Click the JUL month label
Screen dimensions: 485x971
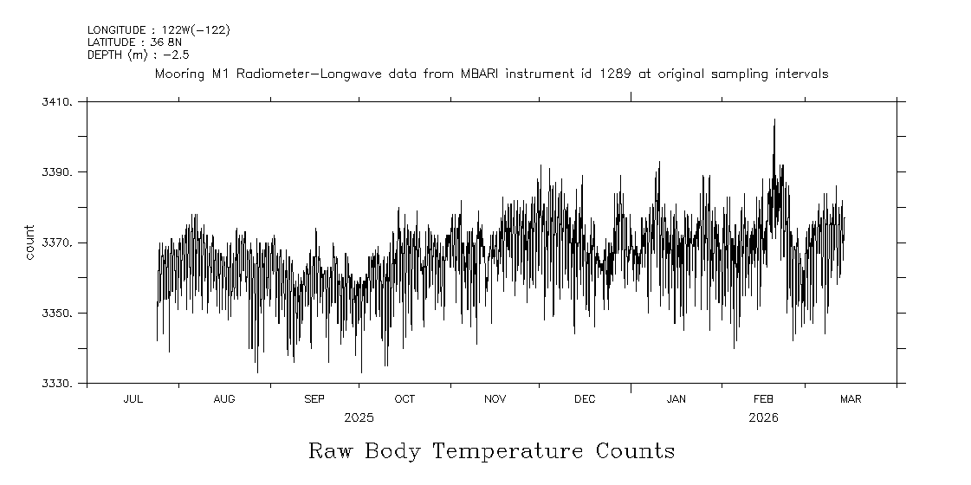coord(133,399)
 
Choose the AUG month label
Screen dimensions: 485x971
coord(223,399)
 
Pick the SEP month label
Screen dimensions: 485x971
coord(314,399)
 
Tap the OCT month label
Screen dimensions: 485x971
coord(405,399)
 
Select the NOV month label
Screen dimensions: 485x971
coord(495,399)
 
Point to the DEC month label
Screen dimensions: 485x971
coord(585,399)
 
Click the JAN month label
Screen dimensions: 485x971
coord(676,399)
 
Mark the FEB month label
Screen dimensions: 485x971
coord(763,399)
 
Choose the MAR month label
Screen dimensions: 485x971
coord(851,399)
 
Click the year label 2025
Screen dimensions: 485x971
coord(359,417)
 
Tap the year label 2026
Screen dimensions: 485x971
coord(763,417)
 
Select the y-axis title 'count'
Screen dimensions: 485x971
coord(29,242)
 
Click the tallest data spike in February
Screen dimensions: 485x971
coord(774,121)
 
